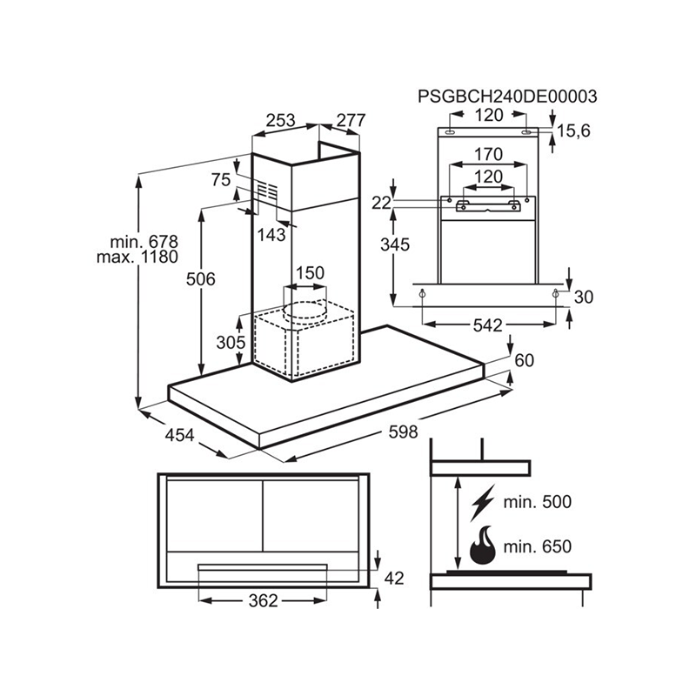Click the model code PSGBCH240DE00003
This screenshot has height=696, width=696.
click(507, 97)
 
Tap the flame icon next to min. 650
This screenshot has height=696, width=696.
click(483, 545)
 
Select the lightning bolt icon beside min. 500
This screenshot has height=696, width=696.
click(483, 503)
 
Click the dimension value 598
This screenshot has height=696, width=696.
click(403, 432)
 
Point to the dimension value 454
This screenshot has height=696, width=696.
click(179, 435)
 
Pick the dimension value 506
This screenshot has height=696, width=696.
click(201, 279)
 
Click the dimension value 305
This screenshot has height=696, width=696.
click(231, 342)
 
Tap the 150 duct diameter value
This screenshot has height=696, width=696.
click(310, 272)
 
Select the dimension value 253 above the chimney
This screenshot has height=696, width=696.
click(280, 120)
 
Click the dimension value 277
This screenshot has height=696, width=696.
click(351, 120)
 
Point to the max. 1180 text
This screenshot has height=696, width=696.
click(137, 257)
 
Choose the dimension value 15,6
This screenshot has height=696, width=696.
click(573, 131)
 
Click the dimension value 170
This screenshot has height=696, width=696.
click(489, 155)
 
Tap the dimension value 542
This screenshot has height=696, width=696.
click(487, 325)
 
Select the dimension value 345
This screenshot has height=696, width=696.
click(395, 244)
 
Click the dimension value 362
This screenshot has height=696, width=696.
click(264, 601)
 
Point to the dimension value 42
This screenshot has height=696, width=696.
click(394, 579)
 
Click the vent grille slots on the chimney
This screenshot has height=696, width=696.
click(268, 191)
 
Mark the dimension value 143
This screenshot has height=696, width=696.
click(271, 235)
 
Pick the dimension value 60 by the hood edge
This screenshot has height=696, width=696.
click(525, 360)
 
